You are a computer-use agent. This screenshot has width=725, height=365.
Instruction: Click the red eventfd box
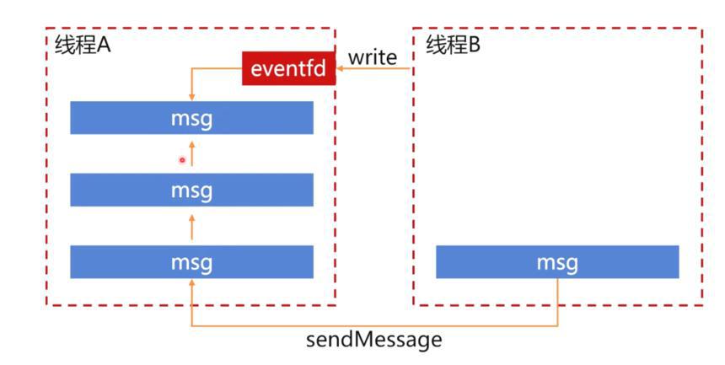[289, 68]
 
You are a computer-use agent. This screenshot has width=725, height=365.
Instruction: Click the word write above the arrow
[373, 57]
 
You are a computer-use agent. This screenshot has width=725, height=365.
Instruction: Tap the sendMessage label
[373, 340]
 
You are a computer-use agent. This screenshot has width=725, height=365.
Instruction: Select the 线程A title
[83, 46]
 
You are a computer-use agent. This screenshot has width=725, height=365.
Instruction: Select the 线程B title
[454, 45]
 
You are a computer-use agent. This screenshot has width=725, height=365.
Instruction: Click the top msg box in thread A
[192, 118]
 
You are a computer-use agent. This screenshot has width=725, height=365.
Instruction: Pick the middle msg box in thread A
[192, 190]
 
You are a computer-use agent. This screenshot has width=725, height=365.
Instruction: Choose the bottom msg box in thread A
[192, 262]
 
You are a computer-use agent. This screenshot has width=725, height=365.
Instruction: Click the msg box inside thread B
[557, 262]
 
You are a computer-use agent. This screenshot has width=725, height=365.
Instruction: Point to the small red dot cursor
[182, 160]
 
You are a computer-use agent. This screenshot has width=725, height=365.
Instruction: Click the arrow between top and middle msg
[192, 153]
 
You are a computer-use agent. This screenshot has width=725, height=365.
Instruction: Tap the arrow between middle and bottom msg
[192, 227]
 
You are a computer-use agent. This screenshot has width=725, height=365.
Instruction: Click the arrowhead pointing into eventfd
[340, 69]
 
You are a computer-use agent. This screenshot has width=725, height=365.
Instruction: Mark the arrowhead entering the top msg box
[192, 98]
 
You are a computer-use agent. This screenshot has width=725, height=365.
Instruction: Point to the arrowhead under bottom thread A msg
[192, 282]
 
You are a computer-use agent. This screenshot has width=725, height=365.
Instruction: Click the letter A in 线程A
[104, 46]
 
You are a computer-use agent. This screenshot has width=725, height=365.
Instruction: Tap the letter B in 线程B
[475, 46]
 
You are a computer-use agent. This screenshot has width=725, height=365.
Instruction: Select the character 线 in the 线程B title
[435, 45]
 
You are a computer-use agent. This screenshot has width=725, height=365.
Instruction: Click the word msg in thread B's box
[557, 263]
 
